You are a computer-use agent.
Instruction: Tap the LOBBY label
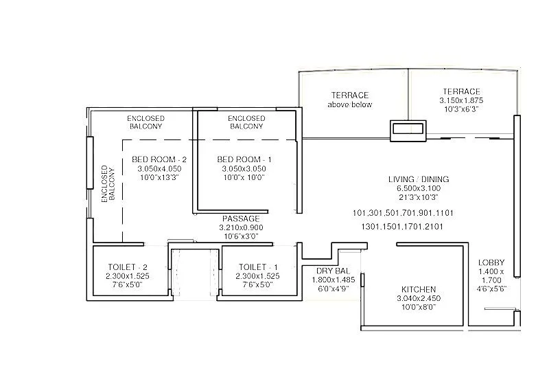coord(491,262)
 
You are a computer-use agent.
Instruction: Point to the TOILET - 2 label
coord(128,267)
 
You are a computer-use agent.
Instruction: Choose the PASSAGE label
coord(240,218)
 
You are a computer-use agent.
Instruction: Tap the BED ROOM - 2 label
coord(159,159)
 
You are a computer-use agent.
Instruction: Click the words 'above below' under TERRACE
coord(349,104)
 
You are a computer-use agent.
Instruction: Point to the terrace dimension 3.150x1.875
coord(461,100)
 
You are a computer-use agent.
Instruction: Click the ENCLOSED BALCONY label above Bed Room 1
coord(246,122)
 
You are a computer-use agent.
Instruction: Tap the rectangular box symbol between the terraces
coord(408,128)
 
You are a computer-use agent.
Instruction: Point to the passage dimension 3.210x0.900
coord(241,227)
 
